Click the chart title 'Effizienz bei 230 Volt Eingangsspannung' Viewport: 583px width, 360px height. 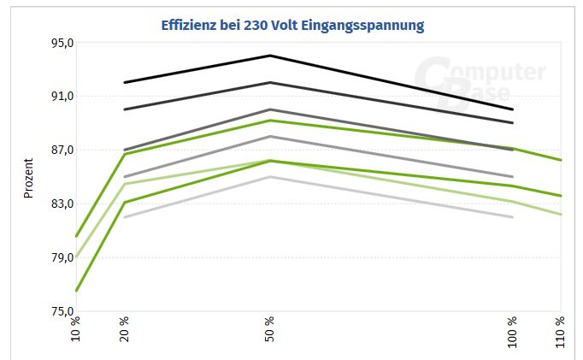tap(292, 25)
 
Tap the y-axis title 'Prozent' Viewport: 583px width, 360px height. tap(28, 178)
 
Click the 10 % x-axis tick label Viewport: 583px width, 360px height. tap(76, 328)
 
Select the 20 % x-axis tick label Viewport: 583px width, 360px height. tap(125, 328)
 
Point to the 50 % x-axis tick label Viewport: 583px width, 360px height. tap(270, 328)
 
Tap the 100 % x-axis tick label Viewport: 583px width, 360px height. tap(513, 330)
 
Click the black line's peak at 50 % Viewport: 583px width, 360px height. tap(270, 56)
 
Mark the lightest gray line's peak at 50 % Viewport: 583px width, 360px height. tap(270, 176)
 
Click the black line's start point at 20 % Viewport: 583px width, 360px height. tap(125, 82)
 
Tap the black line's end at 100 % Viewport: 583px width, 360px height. tap(513, 109)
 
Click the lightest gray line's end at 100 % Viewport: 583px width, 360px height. tap(513, 217)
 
